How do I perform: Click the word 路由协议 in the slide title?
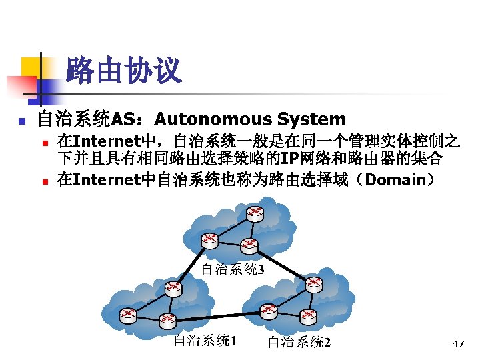click(124, 71)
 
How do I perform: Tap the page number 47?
click(458, 344)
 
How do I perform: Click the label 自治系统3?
click(233, 269)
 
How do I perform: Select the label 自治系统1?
click(205, 341)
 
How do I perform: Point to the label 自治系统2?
click(299, 343)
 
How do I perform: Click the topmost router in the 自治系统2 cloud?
click(313, 284)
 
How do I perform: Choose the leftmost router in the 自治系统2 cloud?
click(268, 309)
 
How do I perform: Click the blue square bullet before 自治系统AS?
click(21, 121)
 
